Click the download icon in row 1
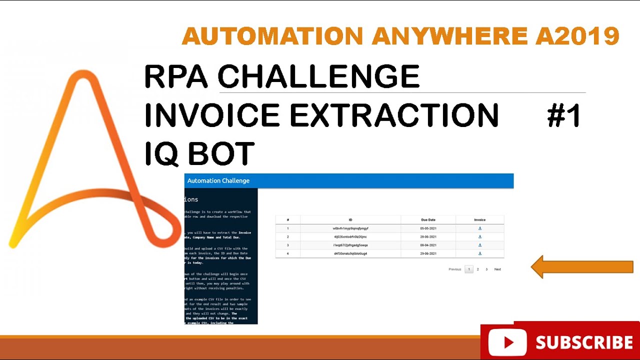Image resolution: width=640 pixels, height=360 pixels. point(480,228)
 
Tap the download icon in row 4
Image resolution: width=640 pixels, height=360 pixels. point(480,253)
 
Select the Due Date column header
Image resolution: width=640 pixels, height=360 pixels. point(428,220)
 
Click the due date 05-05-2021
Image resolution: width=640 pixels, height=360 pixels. point(428,228)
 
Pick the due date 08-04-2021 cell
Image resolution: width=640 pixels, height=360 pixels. point(428,245)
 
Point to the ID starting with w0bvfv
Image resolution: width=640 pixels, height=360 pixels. point(350,228)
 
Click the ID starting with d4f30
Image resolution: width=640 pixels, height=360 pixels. point(350,253)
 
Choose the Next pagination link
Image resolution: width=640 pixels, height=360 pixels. point(497,269)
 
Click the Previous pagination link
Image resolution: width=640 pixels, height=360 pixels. point(455,269)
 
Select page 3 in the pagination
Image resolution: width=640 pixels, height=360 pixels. point(486,269)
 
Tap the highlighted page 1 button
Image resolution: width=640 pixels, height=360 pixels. point(469,269)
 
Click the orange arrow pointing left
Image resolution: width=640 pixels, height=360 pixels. point(582,267)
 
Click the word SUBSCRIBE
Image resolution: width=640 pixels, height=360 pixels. point(584,342)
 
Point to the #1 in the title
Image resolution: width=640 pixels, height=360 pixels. point(564,116)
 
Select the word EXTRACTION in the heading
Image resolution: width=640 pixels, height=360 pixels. point(394,116)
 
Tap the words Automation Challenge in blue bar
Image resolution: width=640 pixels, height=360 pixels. point(218,180)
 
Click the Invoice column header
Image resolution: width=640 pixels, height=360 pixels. point(480,220)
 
